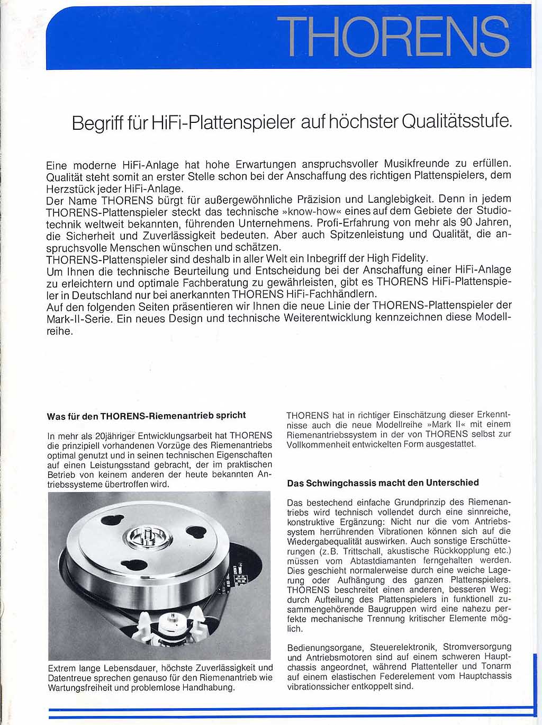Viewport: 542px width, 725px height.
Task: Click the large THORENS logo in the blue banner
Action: point(393,36)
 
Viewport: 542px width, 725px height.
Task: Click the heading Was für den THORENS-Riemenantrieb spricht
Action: point(146,416)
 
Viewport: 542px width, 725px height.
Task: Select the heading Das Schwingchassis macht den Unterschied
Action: point(383,483)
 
